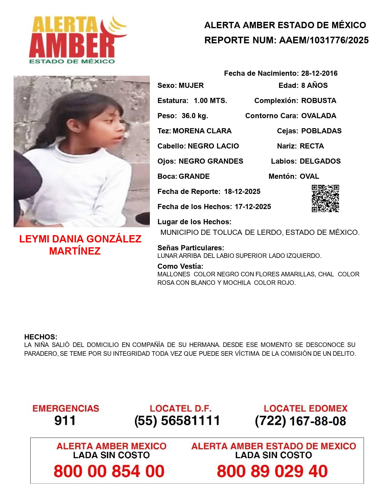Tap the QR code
[x=325, y=198]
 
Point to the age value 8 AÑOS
[x=314, y=85]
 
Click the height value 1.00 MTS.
[x=210, y=101]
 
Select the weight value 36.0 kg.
[x=195, y=116]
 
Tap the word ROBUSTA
[x=318, y=101]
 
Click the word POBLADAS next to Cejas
[x=321, y=131]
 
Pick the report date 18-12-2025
[x=242, y=192]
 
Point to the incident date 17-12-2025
[x=253, y=207]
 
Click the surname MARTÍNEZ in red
[x=75, y=251]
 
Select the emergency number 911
[x=65, y=421]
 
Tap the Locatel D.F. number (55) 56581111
[x=177, y=421]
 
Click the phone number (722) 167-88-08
[x=300, y=421]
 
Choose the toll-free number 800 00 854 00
[x=109, y=471]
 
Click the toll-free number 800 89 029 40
[x=272, y=471]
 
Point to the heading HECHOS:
[x=41, y=337]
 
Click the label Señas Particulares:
[x=191, y=248]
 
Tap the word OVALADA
[x=318, y=116]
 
